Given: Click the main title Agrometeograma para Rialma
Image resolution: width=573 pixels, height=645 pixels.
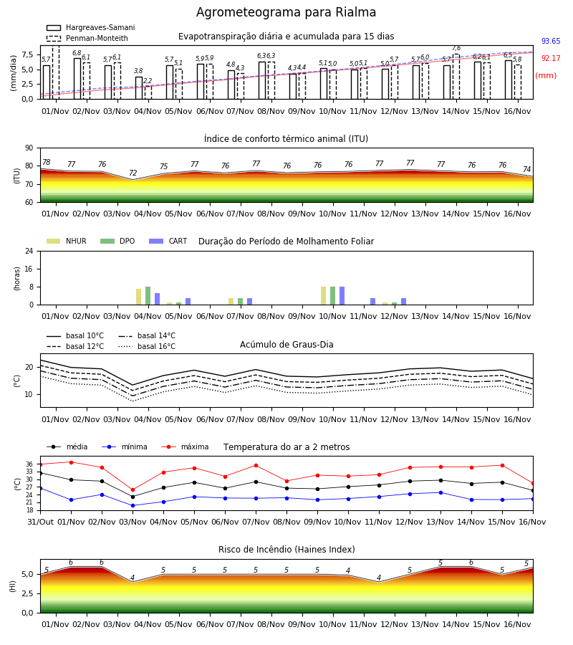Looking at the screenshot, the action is point(286,12).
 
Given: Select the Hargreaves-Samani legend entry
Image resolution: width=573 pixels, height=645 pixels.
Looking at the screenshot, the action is point(90,27).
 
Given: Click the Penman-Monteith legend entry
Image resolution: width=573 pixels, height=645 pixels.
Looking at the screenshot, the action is point(87,38).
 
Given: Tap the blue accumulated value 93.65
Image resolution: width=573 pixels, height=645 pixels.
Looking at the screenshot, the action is point(551,41).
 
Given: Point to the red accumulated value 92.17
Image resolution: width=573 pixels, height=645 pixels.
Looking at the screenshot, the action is point(551,59).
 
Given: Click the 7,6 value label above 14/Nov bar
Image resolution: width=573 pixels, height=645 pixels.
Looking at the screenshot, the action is point(456,48).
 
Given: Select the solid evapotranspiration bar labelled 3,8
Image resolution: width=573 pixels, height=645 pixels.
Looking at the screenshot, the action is point(139,88).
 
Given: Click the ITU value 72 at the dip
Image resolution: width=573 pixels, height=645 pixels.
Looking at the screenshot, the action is point(133,173).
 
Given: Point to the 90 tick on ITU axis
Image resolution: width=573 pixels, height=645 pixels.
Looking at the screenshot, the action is point(29,148).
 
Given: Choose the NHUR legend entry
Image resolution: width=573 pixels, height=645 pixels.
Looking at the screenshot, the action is point(67,241).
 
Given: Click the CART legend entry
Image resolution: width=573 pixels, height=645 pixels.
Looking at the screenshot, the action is point(168,241).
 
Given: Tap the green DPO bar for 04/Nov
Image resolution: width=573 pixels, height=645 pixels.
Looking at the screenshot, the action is point(148,296).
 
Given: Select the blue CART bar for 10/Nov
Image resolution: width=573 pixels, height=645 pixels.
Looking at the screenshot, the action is point(342,296).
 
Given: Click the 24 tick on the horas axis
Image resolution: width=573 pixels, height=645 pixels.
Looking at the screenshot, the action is point(29,252).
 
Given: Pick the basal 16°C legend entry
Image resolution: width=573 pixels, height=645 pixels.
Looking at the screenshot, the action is point(147,346).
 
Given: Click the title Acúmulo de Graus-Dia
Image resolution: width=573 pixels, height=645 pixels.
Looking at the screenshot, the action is point(286,344).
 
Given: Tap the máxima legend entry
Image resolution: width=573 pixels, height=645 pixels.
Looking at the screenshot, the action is point(186,446).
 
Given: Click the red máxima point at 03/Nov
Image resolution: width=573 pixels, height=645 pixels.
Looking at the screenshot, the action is point(133,490).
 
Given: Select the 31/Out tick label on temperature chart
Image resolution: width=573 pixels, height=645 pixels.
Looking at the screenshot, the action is point(40,522).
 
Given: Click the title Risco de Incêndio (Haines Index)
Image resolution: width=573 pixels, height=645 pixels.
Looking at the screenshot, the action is point(286,550).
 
